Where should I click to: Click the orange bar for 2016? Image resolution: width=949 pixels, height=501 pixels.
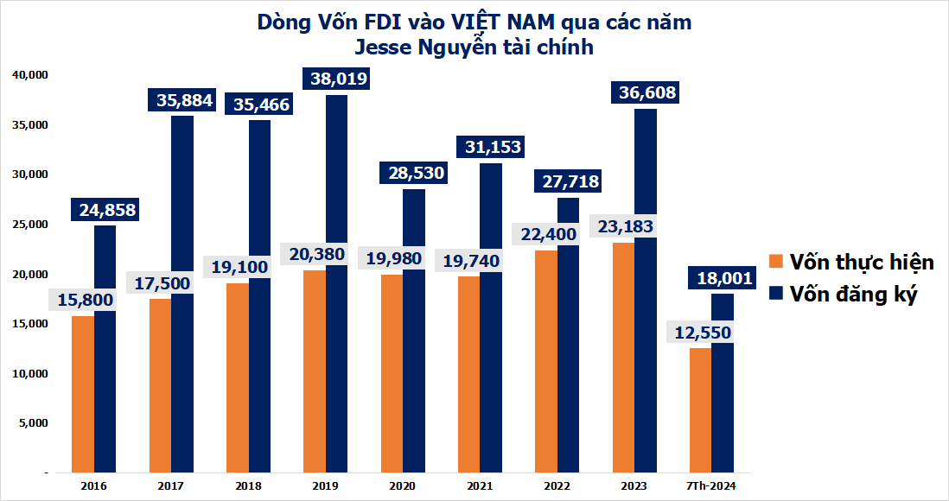coord(82,397)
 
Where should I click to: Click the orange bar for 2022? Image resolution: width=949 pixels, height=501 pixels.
coord(545,363)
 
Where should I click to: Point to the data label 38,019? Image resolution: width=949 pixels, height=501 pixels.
coord(335,79)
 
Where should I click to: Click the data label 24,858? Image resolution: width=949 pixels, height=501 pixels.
coord(105,210)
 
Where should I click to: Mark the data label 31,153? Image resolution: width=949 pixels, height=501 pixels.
coord(489,148)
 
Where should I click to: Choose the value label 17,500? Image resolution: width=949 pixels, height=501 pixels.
coord(160,282)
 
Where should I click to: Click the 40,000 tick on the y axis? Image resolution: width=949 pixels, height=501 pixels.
coord(29,75)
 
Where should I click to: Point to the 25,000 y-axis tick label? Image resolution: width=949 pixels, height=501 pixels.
coord(29,225)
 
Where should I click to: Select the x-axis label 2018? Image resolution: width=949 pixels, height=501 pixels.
coord(247,486)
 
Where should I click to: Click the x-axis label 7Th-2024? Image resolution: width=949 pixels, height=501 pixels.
coord(710,486)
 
